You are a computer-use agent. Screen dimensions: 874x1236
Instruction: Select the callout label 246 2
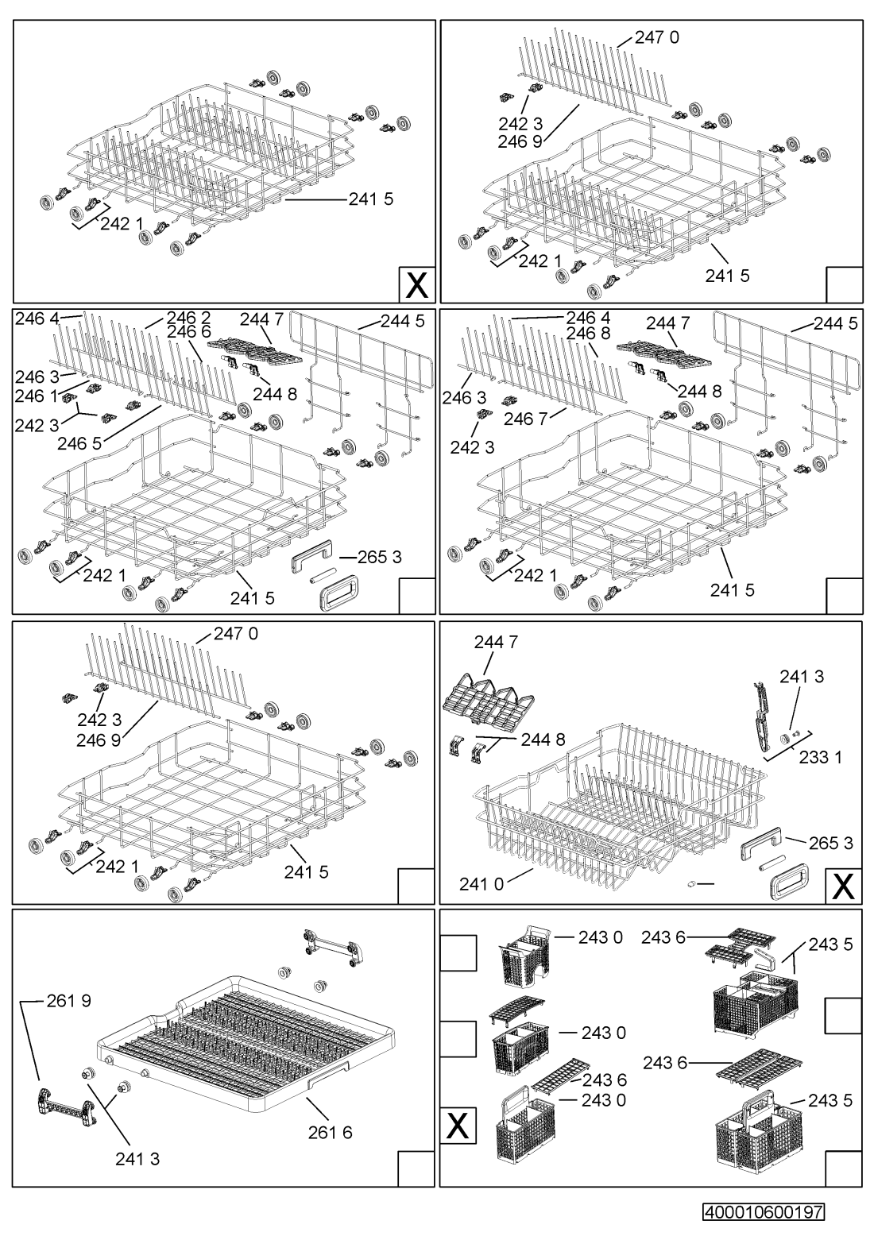[x=189, y=318]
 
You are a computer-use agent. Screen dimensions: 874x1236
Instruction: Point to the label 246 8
[x=588, y=334]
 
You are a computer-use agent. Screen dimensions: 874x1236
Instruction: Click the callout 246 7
[x=526, y=420]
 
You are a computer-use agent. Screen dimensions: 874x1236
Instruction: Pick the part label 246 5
[x=79, y=443]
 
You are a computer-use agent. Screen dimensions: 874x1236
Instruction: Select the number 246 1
[x=37, y=396]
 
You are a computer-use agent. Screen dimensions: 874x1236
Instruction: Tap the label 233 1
[x=821, y=758]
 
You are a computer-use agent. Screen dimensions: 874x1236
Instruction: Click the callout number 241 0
[x=481, y=885]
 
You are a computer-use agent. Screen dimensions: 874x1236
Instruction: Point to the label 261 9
[x=69, y=1001]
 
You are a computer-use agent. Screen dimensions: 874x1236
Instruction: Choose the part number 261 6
[x=330, y=1132]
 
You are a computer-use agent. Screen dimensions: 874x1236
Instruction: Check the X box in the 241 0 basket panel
[x=844, y=886]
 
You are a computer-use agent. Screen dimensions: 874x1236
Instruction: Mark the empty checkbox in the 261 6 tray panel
[x=416, y=1168]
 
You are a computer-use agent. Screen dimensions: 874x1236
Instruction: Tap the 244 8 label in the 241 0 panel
[x=543, y=739]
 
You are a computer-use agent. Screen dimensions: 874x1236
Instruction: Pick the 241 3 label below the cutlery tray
[x=137, y=1159]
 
